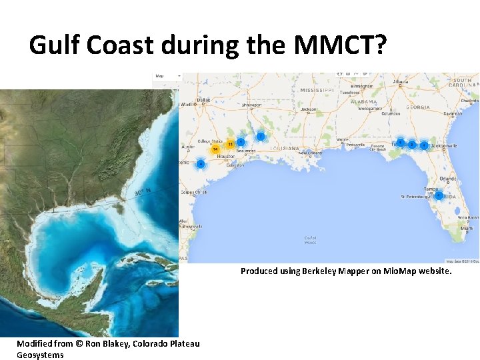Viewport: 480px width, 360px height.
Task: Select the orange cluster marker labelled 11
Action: [230, 144]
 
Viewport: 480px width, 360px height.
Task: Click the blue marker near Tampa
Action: [438, 195]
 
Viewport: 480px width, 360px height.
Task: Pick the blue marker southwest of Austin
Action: [200, 164]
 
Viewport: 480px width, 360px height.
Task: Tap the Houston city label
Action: [226, 157]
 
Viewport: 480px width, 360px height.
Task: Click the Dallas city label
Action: [203, 100]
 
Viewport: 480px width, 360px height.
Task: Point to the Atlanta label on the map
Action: [401, 82]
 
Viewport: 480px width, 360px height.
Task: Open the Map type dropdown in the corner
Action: [167, 76]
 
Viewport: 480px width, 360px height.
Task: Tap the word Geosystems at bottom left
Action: [40, 355]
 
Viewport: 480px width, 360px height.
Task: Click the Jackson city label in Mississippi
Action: [307, 109]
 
